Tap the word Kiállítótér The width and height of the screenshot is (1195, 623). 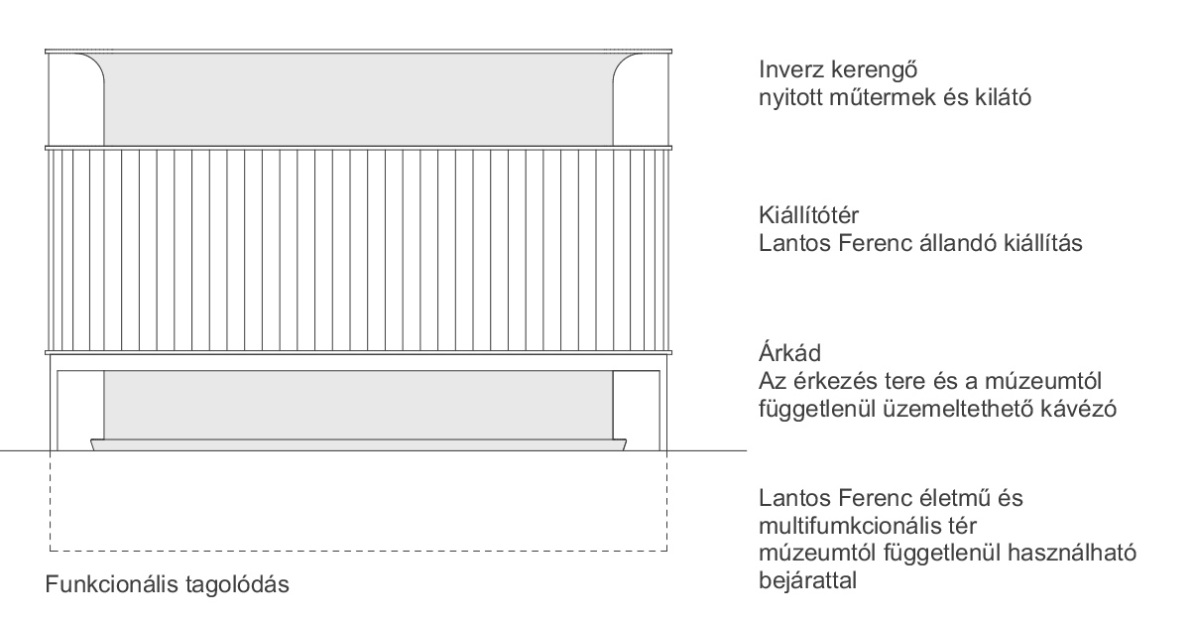pos(809,215)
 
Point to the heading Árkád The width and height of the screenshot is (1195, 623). pos(789,352)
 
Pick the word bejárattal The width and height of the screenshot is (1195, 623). pos(807,580)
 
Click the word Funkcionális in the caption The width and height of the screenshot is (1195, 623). pos(112,584)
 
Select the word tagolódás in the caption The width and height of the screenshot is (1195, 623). pos(237,585)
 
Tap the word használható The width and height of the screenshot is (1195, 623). pos(1072,554)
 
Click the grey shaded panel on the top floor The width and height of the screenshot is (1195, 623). pos(359,99)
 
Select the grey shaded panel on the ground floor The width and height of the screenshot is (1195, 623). pos(359,405)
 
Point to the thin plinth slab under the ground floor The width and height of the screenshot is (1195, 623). pos(359,444)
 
